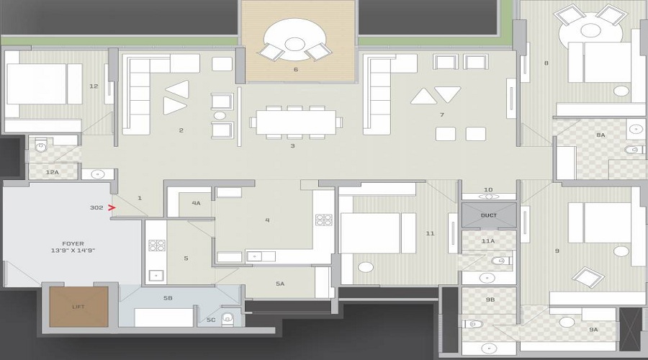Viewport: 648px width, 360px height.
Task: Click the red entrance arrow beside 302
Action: tap(112, 208)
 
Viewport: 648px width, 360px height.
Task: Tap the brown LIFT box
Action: tap(78, 307)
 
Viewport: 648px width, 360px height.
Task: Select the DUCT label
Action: tap(489, 215)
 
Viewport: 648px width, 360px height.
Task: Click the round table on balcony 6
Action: tap(295, 44)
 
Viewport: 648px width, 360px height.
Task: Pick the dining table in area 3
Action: tap(296, 122)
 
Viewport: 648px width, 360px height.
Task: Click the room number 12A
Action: tap(51, 173)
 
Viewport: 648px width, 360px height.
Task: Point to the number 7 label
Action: tap(441, 114)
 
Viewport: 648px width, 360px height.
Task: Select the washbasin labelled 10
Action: tap(489, 196)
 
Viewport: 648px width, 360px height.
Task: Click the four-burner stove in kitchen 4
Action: tap(324, 220)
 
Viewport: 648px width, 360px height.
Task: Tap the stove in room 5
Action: tap(156, 245)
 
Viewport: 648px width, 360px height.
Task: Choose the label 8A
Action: tap(600, 135)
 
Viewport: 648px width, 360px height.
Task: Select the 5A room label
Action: tap(280, 284)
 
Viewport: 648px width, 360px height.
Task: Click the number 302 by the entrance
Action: tap(96, 208)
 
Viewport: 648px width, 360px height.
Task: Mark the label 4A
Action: tap(196, 204)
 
